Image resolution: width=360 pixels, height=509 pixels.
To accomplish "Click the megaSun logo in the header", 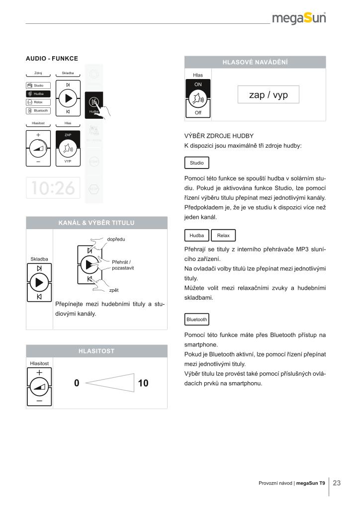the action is tap(299, 18).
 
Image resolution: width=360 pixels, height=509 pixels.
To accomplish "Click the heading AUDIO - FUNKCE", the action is tap(52, 59).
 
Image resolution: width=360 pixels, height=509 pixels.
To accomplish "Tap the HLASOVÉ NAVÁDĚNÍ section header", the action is tap(255, 62).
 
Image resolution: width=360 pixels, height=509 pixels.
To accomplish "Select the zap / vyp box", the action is tap(269, 94).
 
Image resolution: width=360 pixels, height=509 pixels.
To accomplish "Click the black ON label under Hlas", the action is tap(198, 85).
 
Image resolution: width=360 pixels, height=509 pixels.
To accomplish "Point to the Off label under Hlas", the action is tap(198, 113).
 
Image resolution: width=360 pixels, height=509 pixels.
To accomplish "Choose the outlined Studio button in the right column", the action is tap(197, 163).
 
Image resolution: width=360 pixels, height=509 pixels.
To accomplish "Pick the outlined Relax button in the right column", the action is tap(223, 235).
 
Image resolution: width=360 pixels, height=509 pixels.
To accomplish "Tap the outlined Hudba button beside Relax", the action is tap(197, 235).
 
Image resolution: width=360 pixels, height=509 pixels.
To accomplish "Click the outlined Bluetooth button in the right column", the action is tap(197, 319).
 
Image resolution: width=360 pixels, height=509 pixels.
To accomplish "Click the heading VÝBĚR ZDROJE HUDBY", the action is tap(219, 136).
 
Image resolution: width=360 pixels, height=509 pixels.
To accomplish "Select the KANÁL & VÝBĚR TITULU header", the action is tap(96, 223).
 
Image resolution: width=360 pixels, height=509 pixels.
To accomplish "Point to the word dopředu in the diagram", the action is tap(116, 239).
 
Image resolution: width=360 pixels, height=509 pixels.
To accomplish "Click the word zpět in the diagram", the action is tap(114, 290).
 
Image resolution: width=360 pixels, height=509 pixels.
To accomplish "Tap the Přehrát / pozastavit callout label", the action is tap(123, 265).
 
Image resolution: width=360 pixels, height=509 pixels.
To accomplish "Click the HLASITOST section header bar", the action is tap(96, 351).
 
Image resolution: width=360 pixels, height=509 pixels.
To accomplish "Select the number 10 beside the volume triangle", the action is tap(143, 383).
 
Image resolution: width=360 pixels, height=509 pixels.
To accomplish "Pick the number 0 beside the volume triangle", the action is tap(77, 383).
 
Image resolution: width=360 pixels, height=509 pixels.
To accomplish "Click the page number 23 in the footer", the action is tap(337, 483).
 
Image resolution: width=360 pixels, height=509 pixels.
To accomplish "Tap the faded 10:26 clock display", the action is tap(53, 187).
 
